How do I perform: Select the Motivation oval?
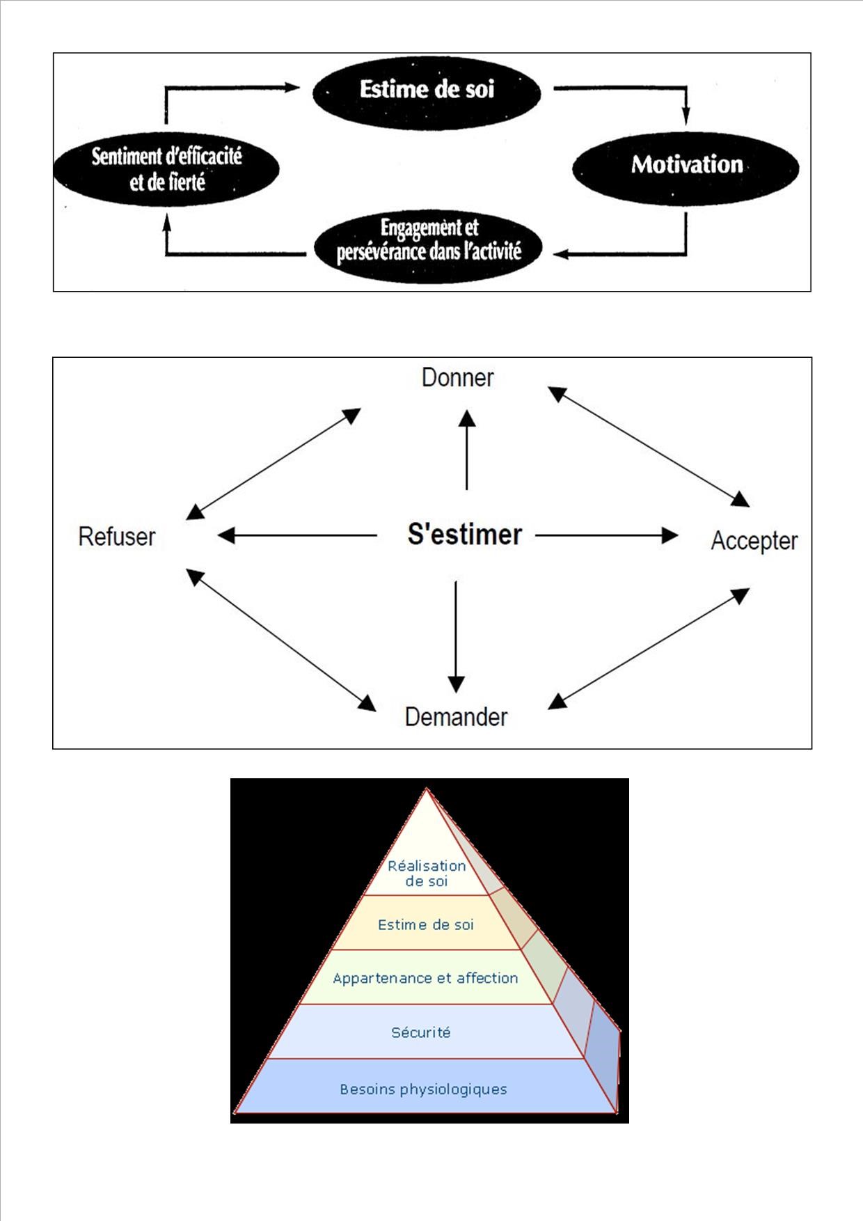tap(686, 166)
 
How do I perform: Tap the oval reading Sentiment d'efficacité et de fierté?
tap(166, 169)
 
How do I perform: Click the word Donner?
tap(457, 378)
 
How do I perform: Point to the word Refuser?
tap(117, 537)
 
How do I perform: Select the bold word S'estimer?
tap(464, 535)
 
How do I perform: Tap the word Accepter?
tap(754, 541)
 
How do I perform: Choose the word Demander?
tap(456, 717)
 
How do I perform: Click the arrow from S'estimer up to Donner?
tap(467, 451)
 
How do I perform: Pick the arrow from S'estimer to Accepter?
tap(606, 535)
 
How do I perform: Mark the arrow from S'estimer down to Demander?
tap(456, 637)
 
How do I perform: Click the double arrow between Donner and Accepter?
tap(649, 446)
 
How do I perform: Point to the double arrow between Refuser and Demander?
tap(281, 640)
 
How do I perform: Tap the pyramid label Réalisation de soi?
tap(426, 874)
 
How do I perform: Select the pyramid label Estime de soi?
tap(426, 925)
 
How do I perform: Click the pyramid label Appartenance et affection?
tap(425, 978)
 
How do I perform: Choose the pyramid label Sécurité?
tap(421, 1032)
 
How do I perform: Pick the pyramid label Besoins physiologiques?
tap(423, 1089)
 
